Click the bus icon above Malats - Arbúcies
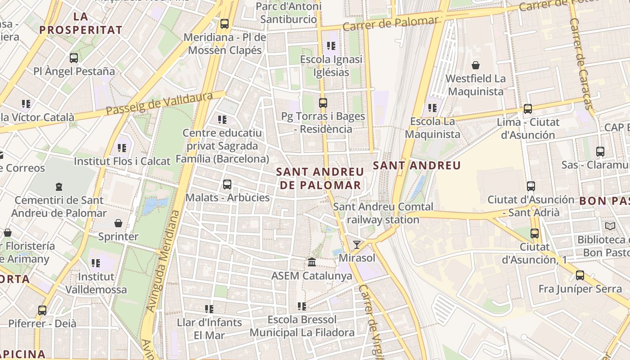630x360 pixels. point(227,184)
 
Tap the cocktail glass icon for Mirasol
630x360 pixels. point(357,244)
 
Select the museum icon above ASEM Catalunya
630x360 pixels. point(312,261)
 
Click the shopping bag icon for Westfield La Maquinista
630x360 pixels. point(476,65)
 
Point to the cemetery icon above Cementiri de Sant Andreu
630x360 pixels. point(59,186)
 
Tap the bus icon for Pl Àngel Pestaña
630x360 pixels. point(74,58)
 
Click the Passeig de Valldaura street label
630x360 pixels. point(160,103)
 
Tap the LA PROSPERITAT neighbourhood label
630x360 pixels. point(81,24)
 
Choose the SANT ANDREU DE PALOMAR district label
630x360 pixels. point(320,178)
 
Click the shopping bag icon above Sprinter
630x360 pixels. point(118,223)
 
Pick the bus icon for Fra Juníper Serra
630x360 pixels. point(580,275)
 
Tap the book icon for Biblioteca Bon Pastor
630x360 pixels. point(610,226)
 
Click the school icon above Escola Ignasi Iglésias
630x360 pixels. point(331,45)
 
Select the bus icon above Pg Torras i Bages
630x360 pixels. point(323,103)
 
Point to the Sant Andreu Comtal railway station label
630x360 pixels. point(383,213)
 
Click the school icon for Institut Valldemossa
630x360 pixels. point(96,263)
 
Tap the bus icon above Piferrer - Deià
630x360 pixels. point(42,310)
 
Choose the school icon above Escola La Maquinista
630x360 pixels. point(432,108)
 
